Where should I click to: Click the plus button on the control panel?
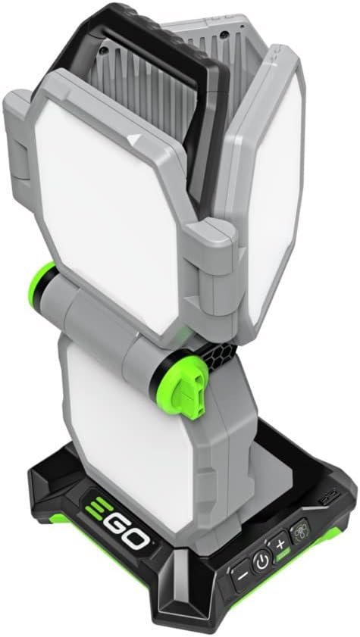tap(279, 545)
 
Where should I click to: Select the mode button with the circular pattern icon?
tap(300, 529)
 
